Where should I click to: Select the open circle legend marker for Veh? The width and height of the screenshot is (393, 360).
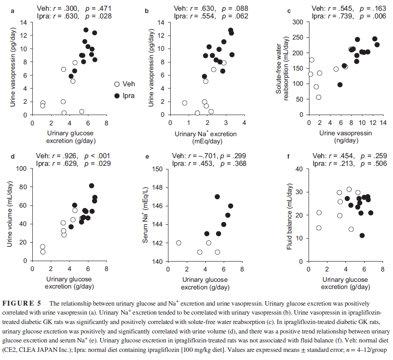click(x=117, y=84)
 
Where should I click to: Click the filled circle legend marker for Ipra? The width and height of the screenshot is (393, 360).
click(x=117, y=96)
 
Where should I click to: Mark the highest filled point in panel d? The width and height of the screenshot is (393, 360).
click(x=92, y=186)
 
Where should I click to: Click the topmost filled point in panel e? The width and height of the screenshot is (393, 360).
click(x=217, y=196)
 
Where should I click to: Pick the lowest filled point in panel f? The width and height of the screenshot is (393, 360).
click(x=362, y=236)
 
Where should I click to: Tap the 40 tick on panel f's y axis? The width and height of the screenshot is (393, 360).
click(x=301, y=169)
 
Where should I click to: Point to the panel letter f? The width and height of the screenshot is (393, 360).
click(x=289, y=157)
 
